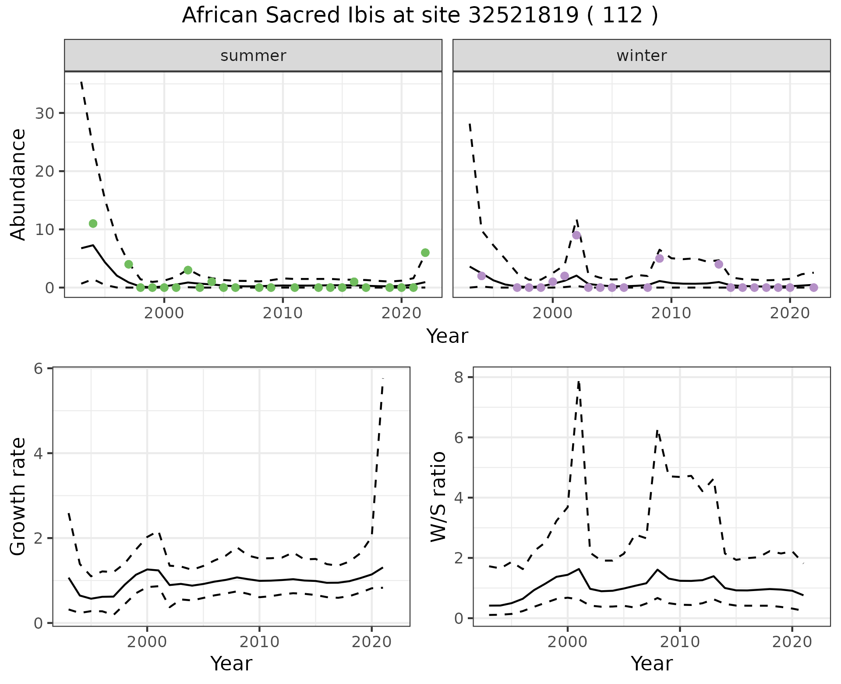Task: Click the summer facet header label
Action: pyautogui.click(x=253, y=56)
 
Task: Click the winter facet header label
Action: pyautogui.click(x=641, y=56)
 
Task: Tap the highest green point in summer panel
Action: pyautogui.click(x=93, y=224)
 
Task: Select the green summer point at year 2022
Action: pyautogui.click(x=425, y=253)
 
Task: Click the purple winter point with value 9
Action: pyautogui.click(x=576, y=235)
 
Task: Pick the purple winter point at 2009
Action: pyautogui.click(x=660, y=259)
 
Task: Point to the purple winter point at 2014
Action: pyautogui.click(x=719, y=264)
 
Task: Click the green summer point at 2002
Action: pyautogui.click(x=188, y=270)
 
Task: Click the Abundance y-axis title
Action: pyautogui.click(x=18, y=184)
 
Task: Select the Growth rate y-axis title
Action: pyautogui.click(x=18, y=497)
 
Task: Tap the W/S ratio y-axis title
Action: pyautogui.click(x=438, y=497)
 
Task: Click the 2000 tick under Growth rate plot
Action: pyautogui.click(x=147, y=642)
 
